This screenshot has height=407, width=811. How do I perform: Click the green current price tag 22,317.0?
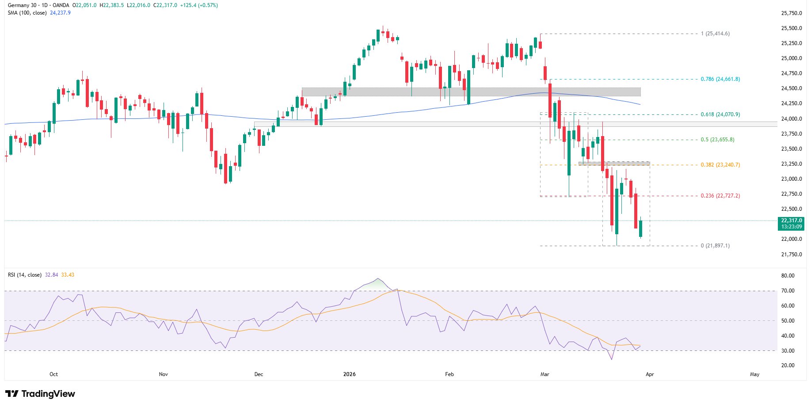point(791,221)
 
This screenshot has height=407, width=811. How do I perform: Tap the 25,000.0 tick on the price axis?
point(791,58)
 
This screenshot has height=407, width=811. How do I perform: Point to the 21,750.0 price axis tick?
point(791,255)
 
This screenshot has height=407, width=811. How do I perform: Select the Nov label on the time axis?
point(164,374)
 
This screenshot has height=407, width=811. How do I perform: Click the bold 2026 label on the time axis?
point(349,374)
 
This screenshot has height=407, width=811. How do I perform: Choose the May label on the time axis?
point(754,374)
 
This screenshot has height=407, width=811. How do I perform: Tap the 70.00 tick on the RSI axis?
point(788,291)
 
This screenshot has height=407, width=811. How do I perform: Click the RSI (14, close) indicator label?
point(25,275)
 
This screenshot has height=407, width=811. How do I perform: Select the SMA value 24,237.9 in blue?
point(60,13)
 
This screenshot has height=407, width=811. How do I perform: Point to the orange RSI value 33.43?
point(68,275)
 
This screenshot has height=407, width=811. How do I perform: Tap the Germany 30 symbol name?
point(22,5)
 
